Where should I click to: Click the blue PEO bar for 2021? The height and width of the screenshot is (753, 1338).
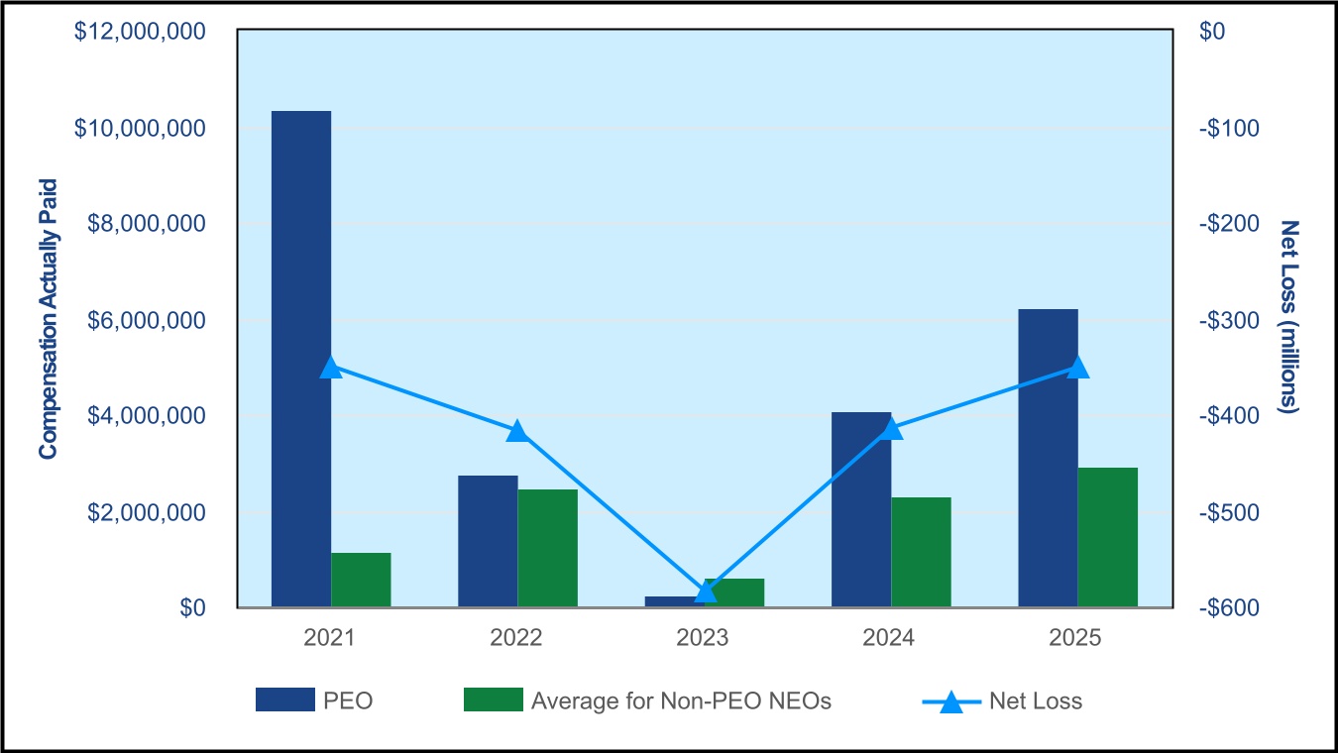point(301,359)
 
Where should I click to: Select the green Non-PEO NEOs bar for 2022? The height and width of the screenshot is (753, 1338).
point(548,548)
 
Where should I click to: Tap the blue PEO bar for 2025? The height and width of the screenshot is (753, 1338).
point(1049,458)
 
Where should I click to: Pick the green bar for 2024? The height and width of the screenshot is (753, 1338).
point(921,552)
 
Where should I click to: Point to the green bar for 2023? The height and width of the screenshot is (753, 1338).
point(734,592)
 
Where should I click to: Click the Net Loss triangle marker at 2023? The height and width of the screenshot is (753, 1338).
point(706,592)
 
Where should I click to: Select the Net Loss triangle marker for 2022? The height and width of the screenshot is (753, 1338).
point(518,431)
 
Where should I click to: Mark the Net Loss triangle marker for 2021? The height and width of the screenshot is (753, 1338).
point(331,368)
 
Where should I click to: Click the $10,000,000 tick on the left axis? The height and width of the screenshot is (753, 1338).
point(140,128)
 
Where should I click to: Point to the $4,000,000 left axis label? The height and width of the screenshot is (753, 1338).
point(147,415)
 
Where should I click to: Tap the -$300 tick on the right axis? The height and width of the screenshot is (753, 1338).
point(1229,320)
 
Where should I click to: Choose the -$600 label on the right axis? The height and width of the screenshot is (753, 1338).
point(1229,607)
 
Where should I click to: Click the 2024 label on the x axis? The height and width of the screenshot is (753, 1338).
point(888,638)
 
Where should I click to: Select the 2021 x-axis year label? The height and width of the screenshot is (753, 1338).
point(329,638)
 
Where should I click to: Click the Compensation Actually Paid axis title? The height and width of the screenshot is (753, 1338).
point(48,319)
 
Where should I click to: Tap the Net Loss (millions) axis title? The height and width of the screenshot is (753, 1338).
point(1289,316)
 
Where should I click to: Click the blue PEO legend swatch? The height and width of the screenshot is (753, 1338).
point(285,699)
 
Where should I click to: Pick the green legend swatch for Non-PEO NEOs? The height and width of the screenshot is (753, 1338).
point(494,699)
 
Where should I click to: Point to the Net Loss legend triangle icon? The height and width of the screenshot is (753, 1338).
point(951,702)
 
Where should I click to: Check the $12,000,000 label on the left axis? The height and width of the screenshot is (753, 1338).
point(140,31)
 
